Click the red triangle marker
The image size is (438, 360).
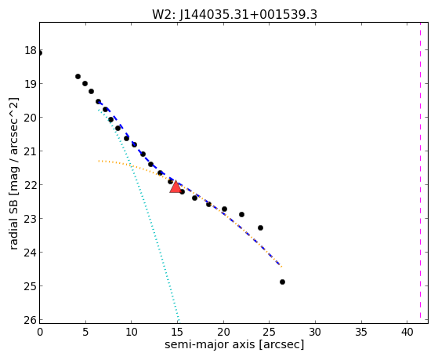tap(176, 187)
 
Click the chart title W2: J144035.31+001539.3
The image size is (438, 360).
tap(234, 15)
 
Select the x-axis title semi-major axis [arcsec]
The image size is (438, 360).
tap(234, 344)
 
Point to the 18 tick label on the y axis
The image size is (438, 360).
tap(31, 51)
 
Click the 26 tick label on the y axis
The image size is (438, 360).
tap(31, 320)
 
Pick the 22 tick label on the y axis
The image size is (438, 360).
tap(31, 185)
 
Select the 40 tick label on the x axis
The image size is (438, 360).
tap(407, 332)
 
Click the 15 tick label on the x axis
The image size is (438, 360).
tap(178, 332)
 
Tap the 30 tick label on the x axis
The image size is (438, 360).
tap(315, 332)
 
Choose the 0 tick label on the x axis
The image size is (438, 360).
tap(40, 332)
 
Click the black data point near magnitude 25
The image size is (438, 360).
tap(282, 282)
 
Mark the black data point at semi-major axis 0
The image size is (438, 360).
tap(40, 53)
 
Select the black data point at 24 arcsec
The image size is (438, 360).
tap(260, 228)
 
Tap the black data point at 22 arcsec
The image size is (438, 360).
tap(241, 215)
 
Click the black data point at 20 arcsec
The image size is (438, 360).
tap(224, 209)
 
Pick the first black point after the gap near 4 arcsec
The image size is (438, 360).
tap(78, 76)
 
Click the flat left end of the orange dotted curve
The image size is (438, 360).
tap(99, 161)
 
